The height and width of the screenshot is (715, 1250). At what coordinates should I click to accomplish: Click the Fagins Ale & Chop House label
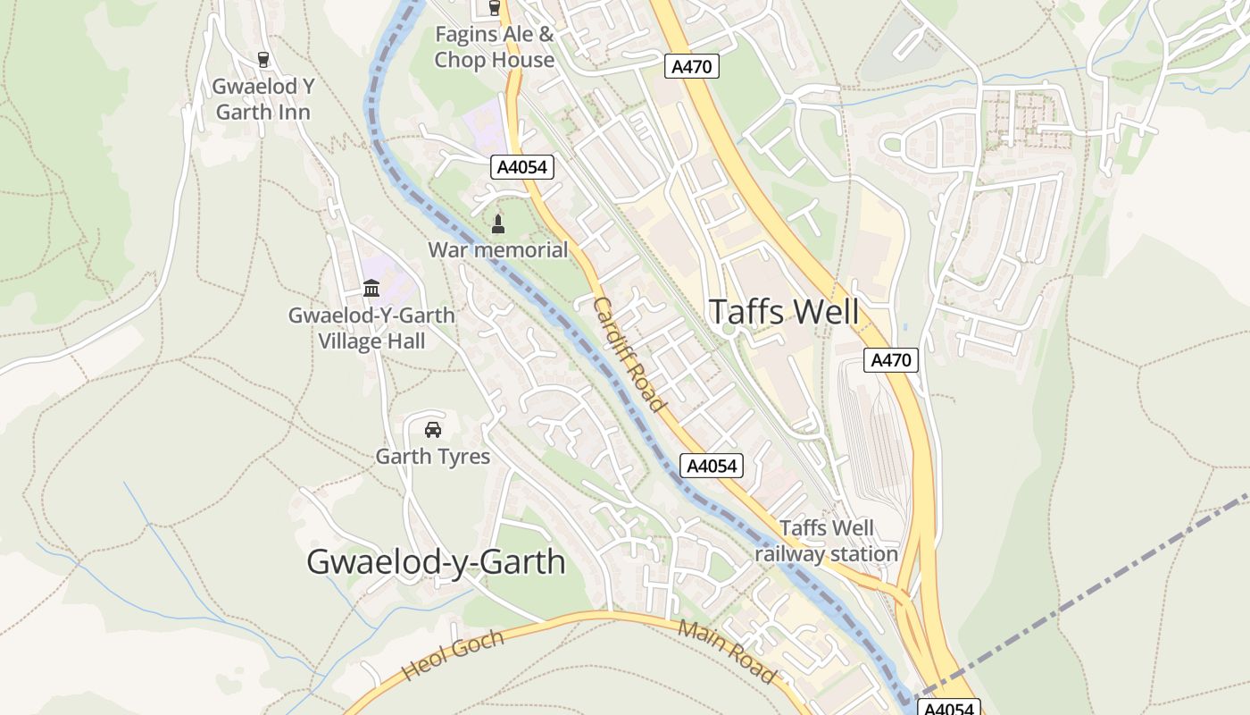(494, 47)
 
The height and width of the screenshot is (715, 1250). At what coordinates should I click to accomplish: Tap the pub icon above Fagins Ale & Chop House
(495, 8)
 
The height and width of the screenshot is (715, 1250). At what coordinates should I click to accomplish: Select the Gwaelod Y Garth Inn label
(262, 99)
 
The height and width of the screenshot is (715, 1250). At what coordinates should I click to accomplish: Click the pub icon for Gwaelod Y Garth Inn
(262, 60)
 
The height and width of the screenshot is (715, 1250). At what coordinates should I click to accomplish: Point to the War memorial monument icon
(498, 224)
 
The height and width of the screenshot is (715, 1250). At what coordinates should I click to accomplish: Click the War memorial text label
(497, 250)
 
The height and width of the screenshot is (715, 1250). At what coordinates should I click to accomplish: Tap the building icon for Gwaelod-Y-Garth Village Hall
(371, 289)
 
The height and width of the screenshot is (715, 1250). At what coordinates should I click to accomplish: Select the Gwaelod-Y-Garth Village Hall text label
(371, 328)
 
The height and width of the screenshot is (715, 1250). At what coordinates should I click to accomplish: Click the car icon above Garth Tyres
(433, 430)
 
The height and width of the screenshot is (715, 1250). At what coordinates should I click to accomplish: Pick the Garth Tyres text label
(433, 457)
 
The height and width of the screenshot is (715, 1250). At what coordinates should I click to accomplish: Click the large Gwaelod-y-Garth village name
(436, 562)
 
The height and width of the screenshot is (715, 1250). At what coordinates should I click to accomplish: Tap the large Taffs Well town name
(784, 312)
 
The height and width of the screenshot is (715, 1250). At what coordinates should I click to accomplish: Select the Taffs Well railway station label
(827, 541)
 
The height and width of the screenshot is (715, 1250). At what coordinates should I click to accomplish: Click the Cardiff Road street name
(629, 355)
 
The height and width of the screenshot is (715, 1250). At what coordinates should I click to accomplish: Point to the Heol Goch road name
(453, 655)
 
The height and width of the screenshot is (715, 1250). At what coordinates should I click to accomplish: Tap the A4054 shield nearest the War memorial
(522, 166)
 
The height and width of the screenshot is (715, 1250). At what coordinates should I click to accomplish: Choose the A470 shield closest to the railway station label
(891, 360)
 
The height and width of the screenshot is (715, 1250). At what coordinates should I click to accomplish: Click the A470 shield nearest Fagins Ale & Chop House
(692, 66)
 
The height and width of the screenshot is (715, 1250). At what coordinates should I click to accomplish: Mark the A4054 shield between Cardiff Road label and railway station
(712, 466)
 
